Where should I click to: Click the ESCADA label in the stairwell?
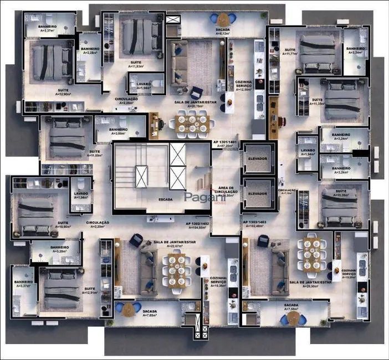pyautogui.click(x=165, y=199)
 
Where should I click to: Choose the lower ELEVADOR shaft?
pyautogui.click(x=258, y=193)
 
